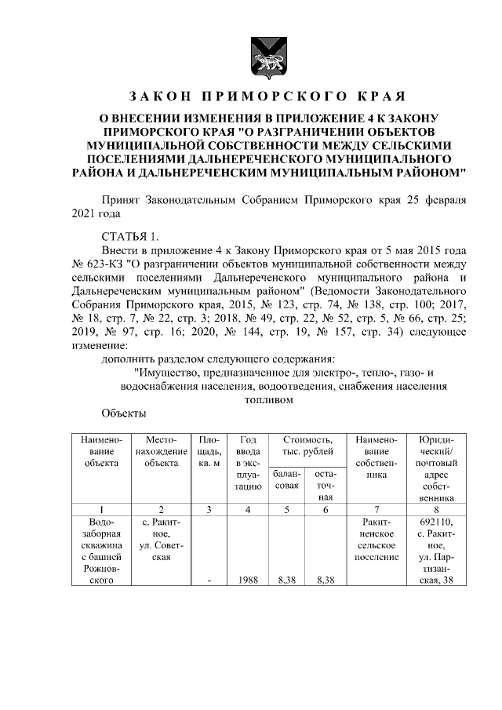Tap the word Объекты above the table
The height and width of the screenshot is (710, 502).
124,413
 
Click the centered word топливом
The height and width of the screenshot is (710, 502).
269,399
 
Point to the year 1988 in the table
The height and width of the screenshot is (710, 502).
247,581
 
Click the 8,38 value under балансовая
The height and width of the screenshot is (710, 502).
287,581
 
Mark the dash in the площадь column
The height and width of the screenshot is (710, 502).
208,581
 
